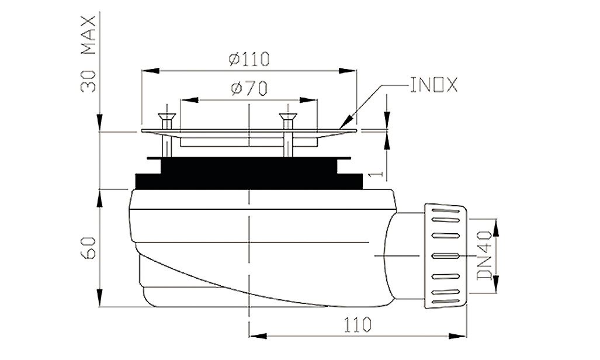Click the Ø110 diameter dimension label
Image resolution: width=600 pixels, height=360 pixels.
coord(249,59)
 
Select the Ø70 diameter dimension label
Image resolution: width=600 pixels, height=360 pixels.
coord(249,89)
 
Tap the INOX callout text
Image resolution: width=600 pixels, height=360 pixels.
coord(434,85)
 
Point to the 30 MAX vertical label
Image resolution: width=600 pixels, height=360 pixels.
coord(88,54)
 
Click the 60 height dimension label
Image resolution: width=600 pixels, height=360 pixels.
coord(88,247)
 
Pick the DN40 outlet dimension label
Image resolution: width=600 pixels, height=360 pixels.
coord(484,255)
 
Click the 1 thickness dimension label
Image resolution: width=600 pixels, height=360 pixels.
coord(377,174)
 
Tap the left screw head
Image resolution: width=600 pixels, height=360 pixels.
coord(167,116)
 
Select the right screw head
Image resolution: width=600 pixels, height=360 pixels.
coord(288,116)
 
